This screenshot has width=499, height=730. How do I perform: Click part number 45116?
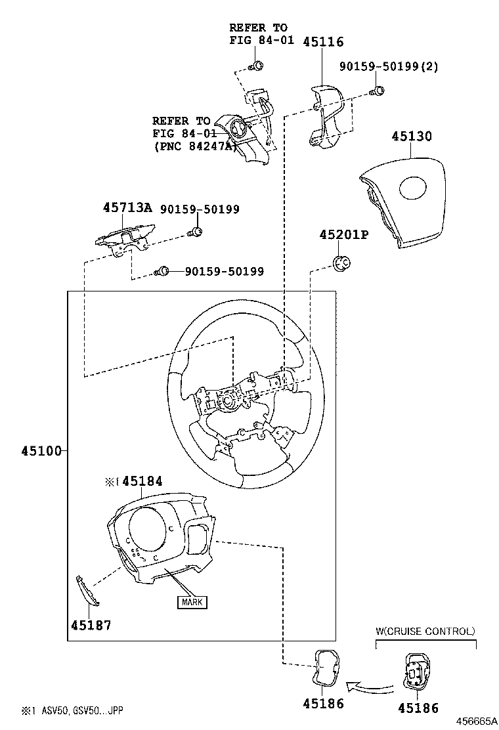[x=323, y=42]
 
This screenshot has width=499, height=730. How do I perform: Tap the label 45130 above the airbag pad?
[x=412, y=137]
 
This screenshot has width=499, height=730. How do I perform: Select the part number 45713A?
[x=127, y=207]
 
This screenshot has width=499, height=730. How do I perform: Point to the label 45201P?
[x=344, y=234]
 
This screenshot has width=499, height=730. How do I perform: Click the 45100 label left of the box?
[x=41, y=450]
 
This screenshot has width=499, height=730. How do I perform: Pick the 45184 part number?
[x=142, y=481]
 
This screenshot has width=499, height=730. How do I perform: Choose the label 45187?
[x=91, y=625]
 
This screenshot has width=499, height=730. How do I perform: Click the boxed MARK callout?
[x=192, y=602]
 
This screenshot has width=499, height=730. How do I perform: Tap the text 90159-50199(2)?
[x=389, y=66]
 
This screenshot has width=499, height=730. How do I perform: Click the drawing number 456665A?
[x=476, y=721]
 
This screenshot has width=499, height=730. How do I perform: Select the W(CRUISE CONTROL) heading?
[x=425, y=632]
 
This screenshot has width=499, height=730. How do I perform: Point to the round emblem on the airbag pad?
[x=414, y=189]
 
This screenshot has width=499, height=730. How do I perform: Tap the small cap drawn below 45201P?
[x=342, y=263]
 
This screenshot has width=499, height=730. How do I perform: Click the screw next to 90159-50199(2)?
[x=378, y=91]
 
